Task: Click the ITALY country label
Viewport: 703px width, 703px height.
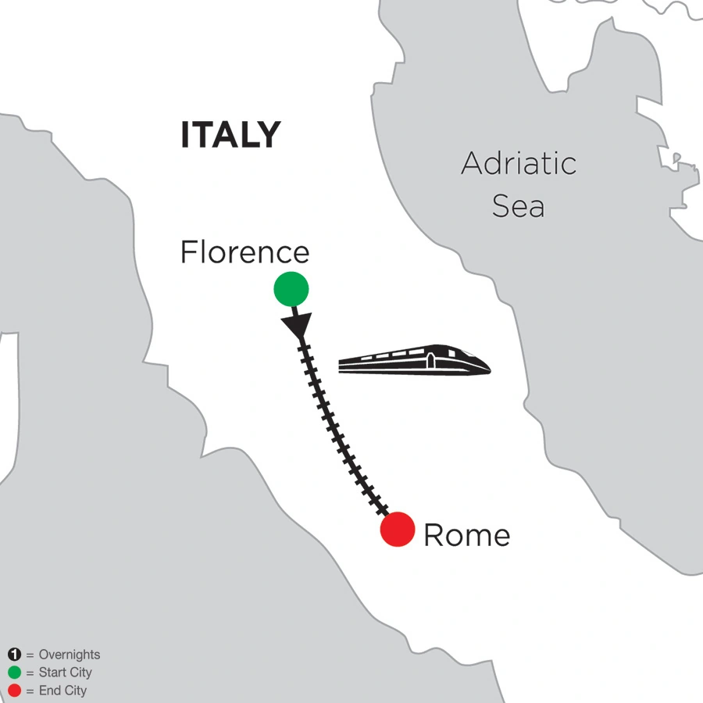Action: point(230,134)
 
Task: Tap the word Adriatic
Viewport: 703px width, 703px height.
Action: point(519,164)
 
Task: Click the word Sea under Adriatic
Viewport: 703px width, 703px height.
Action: point(518,206)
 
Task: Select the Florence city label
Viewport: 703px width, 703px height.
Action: point(244,252)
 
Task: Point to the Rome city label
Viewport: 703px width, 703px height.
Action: point(466,536)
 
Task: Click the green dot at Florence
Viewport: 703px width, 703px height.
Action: point(291,289)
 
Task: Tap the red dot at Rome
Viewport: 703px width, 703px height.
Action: point(398,530)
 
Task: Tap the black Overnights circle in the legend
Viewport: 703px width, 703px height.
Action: point(13,655)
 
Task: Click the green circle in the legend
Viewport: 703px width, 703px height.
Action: point(13,673)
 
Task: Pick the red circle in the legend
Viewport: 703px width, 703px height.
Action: point(13,691)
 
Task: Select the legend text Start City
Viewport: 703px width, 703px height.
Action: point(65,673)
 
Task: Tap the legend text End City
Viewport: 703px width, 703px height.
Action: point(62,691)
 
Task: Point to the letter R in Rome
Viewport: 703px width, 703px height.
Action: point(433,536)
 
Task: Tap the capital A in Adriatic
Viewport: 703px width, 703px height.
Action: point(472,164)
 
